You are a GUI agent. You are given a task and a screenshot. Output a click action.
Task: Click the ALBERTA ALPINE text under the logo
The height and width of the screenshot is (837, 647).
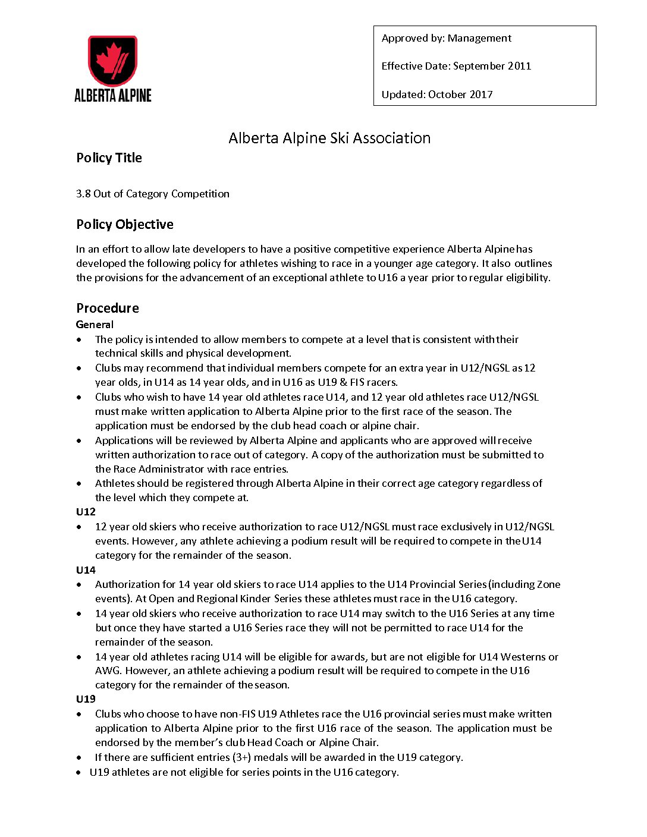tap(113, 95)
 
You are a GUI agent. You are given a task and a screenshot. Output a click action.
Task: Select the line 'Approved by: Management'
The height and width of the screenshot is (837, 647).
tap(446, 38)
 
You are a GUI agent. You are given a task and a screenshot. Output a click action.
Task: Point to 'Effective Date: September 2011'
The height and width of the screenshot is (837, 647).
tap(456, 66)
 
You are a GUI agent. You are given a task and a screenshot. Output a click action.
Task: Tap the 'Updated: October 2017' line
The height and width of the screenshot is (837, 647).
tap(437, 94)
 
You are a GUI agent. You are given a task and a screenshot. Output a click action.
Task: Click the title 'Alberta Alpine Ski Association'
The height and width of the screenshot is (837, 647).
tap(329, 138)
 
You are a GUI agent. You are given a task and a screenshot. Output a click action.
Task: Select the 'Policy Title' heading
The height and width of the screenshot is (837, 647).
tap(109, 158)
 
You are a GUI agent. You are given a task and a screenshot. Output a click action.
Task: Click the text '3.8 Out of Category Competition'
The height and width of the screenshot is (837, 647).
tap(153, 194)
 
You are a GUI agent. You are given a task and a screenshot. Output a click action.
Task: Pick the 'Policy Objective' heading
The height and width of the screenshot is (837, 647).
tap(125, 224)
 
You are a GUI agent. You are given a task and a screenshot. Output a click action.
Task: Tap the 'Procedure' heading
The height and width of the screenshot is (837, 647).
tap(108, 308)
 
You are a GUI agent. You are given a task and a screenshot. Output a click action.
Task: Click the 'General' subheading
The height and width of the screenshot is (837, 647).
tap(95, 325)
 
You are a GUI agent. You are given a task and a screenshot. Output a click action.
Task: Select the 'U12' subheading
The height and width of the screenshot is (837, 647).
tap(86, 512)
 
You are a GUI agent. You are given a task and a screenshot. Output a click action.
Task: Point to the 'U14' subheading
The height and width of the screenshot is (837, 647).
tap(86, 570)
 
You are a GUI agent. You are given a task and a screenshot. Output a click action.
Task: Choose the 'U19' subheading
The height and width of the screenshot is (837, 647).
tap(86, 699)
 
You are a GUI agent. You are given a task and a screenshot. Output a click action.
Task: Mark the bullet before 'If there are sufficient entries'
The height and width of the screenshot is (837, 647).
tap(80, 758)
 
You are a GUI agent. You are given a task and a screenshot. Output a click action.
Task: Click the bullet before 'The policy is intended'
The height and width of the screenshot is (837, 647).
tap(80, 340)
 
